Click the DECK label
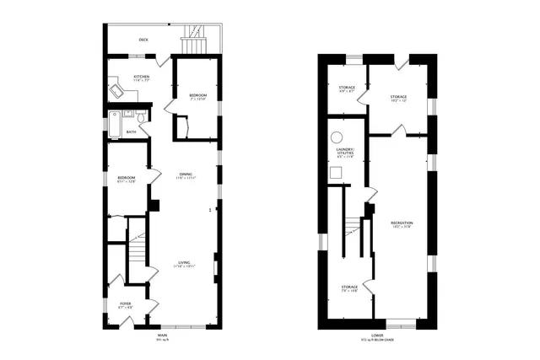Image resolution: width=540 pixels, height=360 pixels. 143,40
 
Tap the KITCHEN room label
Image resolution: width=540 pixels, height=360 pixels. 141,78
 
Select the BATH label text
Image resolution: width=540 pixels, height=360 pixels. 132,132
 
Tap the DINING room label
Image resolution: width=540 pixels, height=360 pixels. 185,175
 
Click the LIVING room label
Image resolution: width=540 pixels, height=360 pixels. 185,263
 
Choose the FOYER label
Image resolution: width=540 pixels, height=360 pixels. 125,305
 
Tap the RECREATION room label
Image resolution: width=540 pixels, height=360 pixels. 401,223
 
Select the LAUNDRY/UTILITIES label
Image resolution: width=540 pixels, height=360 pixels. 346,152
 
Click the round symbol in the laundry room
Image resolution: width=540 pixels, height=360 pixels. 336,136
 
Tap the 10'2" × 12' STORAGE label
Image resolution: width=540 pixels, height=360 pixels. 398,98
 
